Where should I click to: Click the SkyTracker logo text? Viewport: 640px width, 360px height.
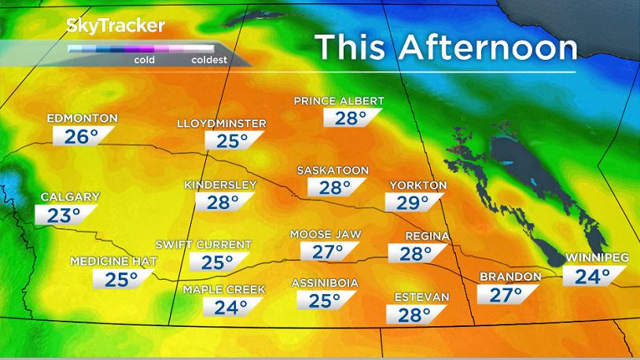point(115,25)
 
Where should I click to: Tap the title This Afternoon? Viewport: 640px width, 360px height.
point(446,48)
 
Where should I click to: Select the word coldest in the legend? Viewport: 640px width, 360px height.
point(208,60)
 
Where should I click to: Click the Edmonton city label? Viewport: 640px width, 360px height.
point(82,119)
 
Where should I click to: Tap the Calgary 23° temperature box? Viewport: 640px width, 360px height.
point(64,215)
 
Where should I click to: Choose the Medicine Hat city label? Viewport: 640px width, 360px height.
point(115,261)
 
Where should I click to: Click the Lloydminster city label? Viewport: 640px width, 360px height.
point(222,124)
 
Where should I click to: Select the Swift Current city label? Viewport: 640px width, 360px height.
point(204,245)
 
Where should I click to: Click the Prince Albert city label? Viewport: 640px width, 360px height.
point(339,101)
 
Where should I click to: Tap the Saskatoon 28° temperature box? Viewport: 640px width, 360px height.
point(334,187)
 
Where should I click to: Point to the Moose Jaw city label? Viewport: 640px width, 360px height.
point(326,234)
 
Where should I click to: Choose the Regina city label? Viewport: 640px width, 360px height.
point(427,237)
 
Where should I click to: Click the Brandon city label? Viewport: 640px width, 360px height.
point(510,277)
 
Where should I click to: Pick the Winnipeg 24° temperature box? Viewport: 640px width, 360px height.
point(594,276)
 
